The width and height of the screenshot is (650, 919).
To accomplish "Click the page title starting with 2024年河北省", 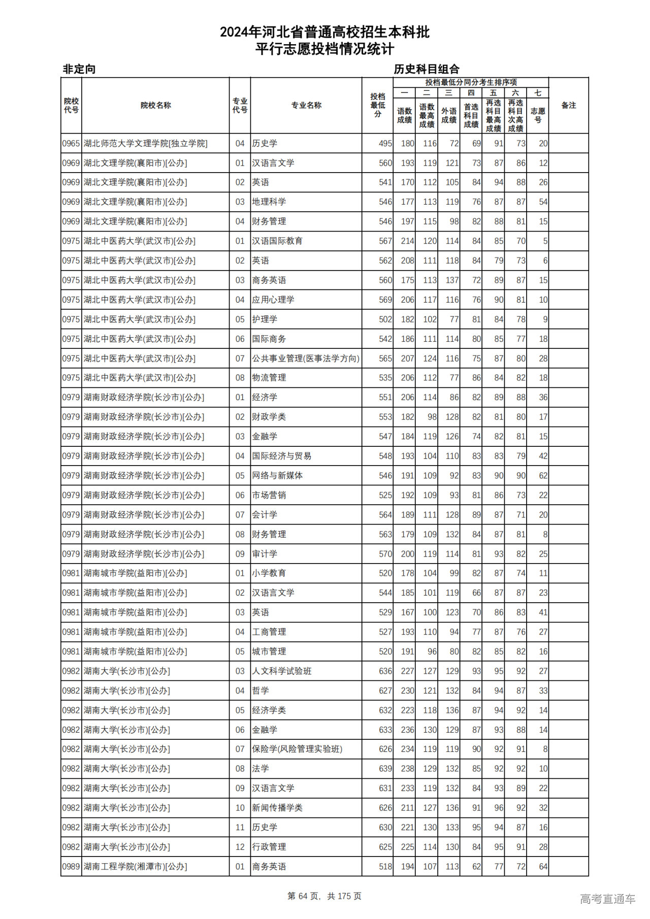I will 324,32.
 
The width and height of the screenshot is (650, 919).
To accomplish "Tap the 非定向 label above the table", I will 79,69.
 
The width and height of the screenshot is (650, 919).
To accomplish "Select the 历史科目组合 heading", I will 427,69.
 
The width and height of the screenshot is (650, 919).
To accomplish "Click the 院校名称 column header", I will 155,105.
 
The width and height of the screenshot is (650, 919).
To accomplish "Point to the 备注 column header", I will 568,105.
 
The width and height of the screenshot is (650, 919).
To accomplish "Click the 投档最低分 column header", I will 377,105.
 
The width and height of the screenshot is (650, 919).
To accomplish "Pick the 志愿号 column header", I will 537,115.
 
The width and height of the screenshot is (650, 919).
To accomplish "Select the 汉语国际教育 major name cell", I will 277,241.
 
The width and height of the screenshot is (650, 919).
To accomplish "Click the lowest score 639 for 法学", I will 385,769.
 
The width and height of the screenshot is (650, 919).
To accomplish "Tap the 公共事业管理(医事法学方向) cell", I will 306,358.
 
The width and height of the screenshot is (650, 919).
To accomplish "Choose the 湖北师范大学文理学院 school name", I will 145,144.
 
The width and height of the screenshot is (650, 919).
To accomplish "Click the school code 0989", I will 71,867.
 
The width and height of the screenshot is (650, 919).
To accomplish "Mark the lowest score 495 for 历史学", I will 385,144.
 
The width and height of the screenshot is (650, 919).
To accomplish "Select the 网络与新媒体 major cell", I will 277,476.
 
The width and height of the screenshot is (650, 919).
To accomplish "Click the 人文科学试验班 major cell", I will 282,671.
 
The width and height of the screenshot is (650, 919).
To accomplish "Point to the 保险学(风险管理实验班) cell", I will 297,749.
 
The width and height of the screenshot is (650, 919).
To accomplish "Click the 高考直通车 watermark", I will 607,899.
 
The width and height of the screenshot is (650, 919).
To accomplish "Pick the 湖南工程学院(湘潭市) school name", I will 135,867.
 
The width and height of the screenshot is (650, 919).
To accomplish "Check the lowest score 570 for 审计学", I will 385,554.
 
